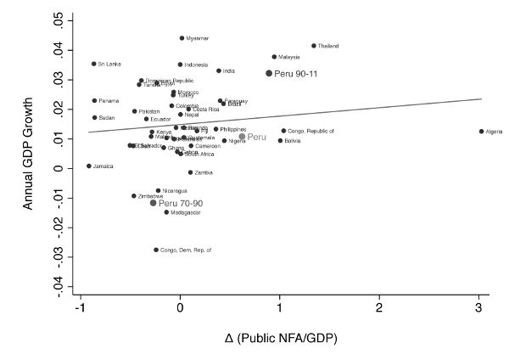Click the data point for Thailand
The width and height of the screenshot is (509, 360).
click(x=314, y=46)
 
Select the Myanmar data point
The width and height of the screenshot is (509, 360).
click(x=182, y=38)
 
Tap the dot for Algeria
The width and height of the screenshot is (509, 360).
click(x=481, y=132)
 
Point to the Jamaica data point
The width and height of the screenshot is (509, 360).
click(x=89, y=166)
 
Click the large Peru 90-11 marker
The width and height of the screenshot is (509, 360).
click(x=269, y=74)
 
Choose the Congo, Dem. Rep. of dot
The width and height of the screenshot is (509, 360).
click(x=156, y=250)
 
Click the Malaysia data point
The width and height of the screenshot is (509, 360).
click(x=274, y=57)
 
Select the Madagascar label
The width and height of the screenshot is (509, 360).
click(x=186, y=212)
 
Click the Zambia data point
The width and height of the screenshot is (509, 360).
click(x=191, y=172)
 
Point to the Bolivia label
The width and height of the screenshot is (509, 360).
click(x=293, y=141)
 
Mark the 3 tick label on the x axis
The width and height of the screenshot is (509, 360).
click(x=478, y=308)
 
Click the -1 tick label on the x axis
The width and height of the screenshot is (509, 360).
click(x=80, y=308)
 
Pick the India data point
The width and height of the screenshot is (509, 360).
click(x=219, y=71)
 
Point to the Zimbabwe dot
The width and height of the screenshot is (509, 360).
click(x=134, y=196)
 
